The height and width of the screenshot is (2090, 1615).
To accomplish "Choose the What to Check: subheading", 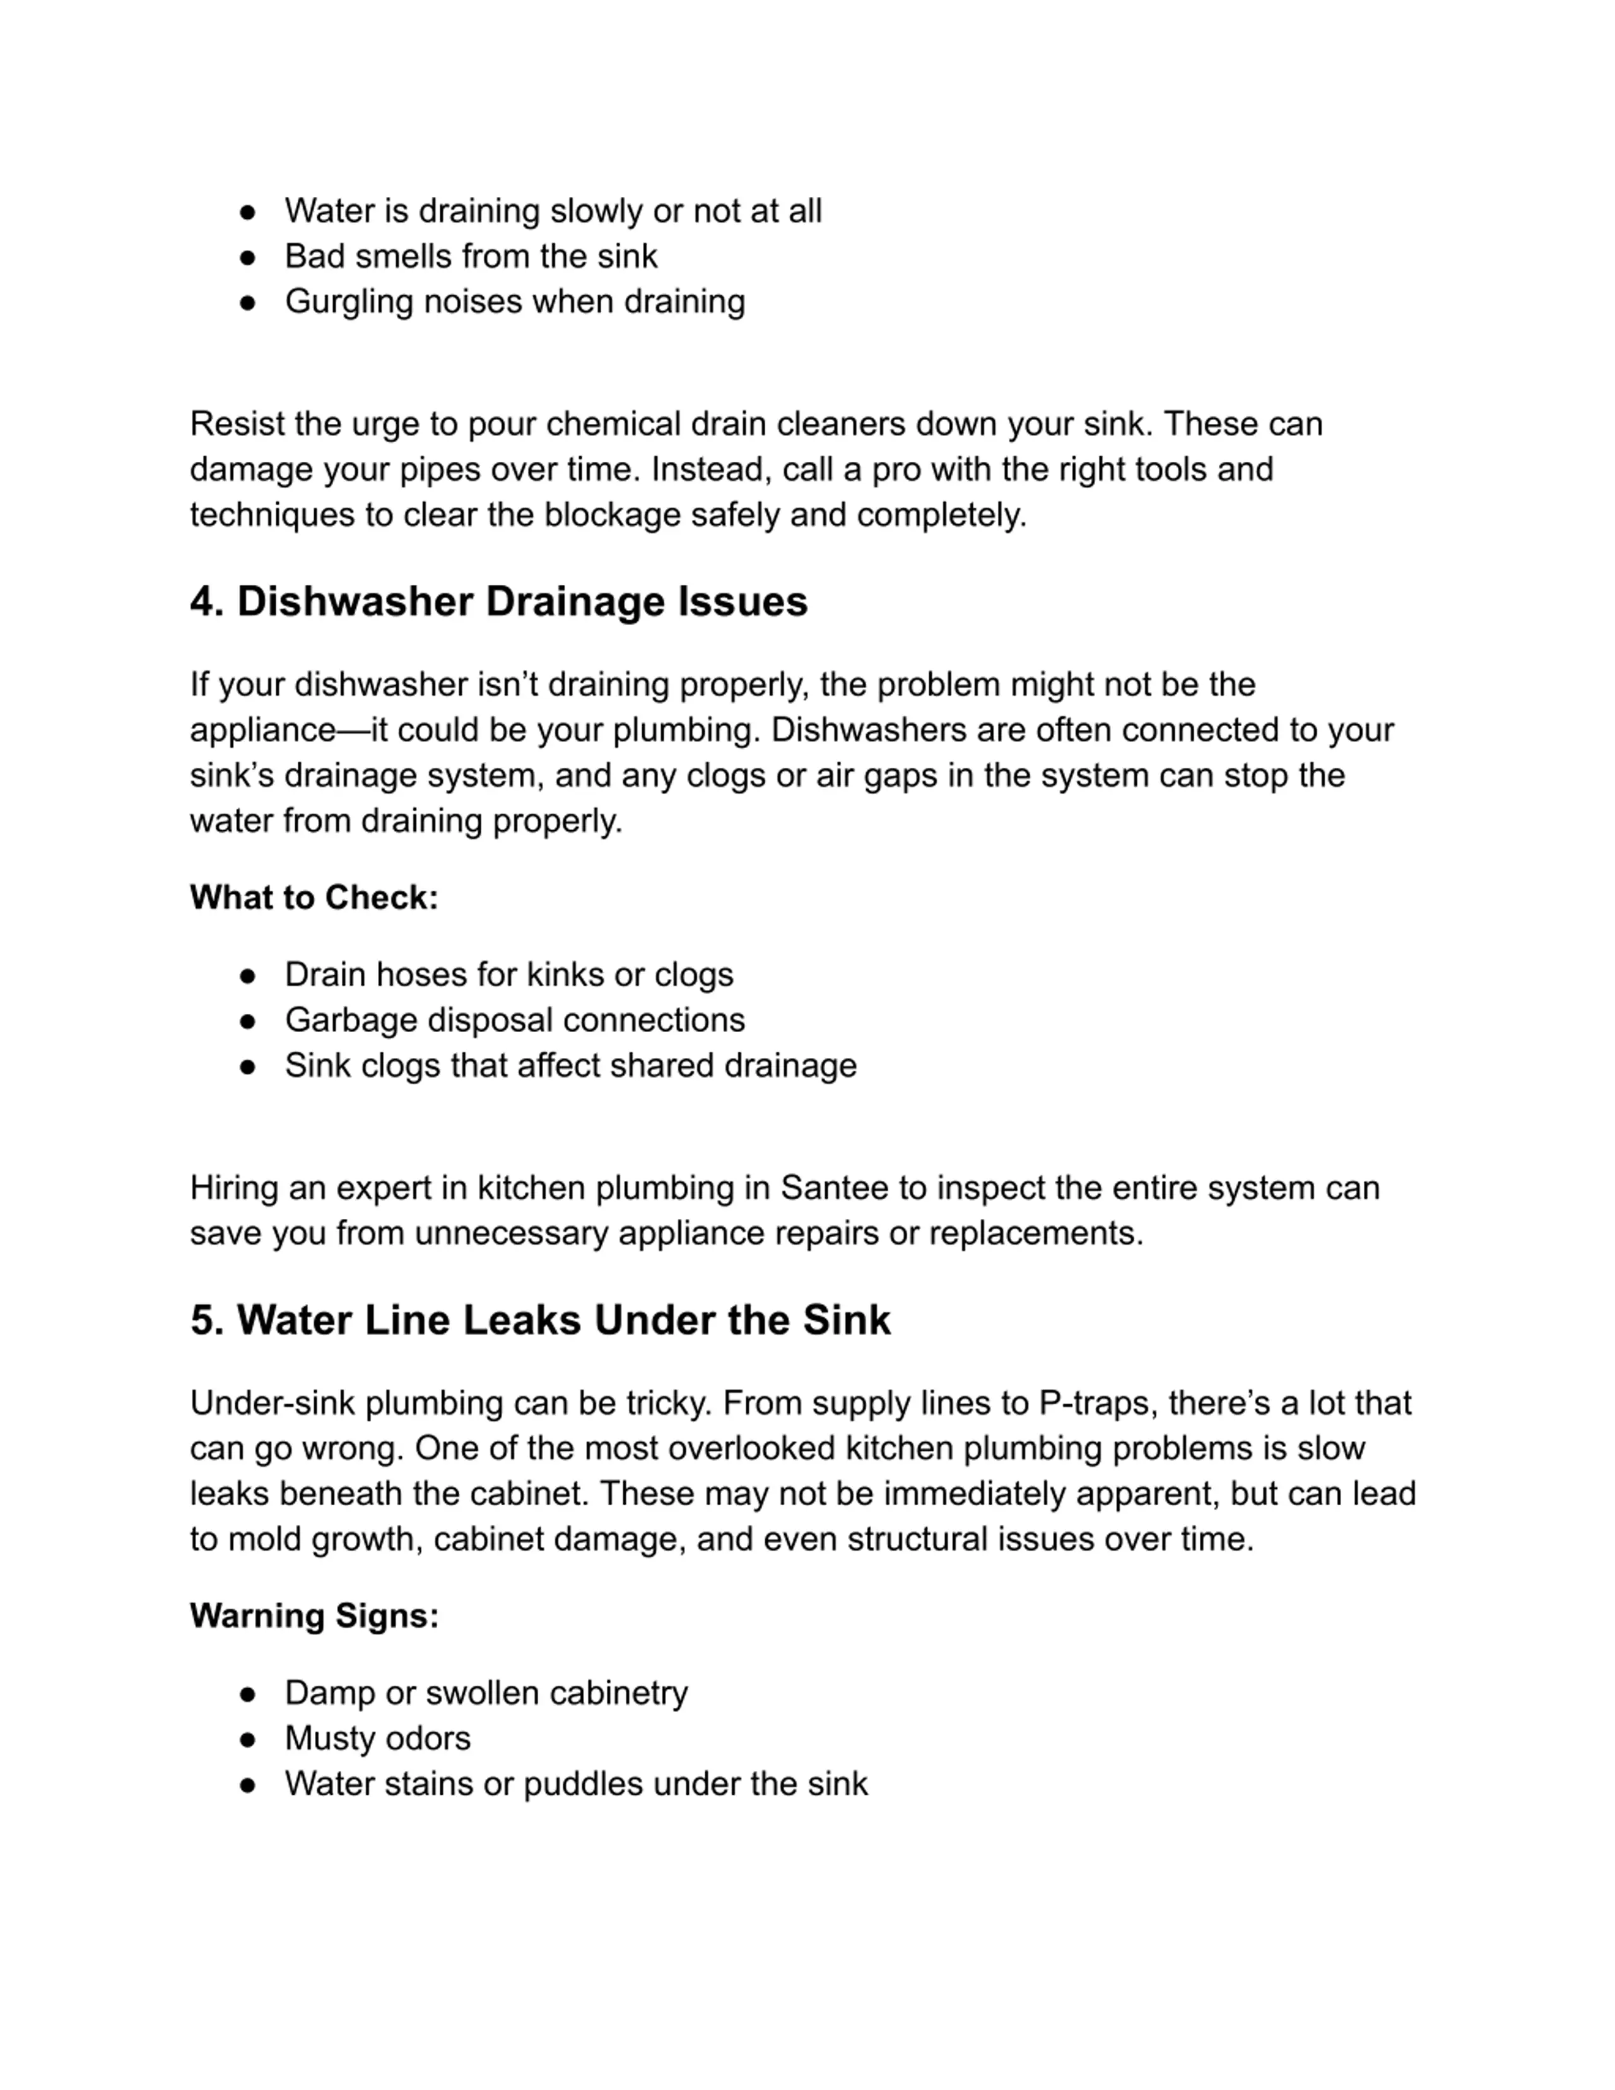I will coord(314,898).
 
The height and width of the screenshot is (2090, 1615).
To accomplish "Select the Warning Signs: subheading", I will coord(314,1616).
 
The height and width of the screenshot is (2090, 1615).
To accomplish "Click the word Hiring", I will coord(233,1189).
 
